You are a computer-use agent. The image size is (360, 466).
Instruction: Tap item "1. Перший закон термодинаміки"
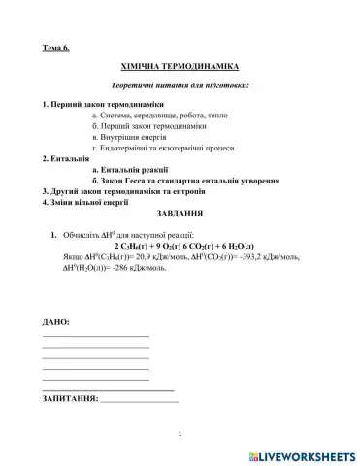(103, 106)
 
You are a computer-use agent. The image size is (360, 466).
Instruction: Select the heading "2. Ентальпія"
(69, 158)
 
